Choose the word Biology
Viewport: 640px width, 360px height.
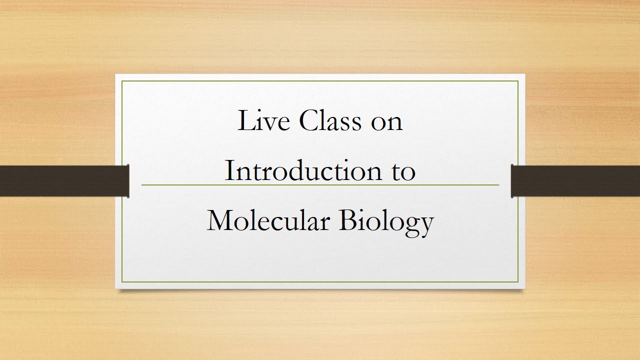pos(386,221)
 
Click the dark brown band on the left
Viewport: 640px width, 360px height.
pos(64,181)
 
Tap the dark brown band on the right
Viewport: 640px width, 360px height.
pos(575,181)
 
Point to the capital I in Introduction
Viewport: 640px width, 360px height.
pos(229,171)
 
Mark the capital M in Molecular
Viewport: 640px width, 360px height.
pos(220,220)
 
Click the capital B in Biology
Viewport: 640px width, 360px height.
pos(348,220)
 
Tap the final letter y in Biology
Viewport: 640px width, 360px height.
pos(425,225)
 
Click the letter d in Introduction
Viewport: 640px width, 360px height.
pos(302,171)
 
